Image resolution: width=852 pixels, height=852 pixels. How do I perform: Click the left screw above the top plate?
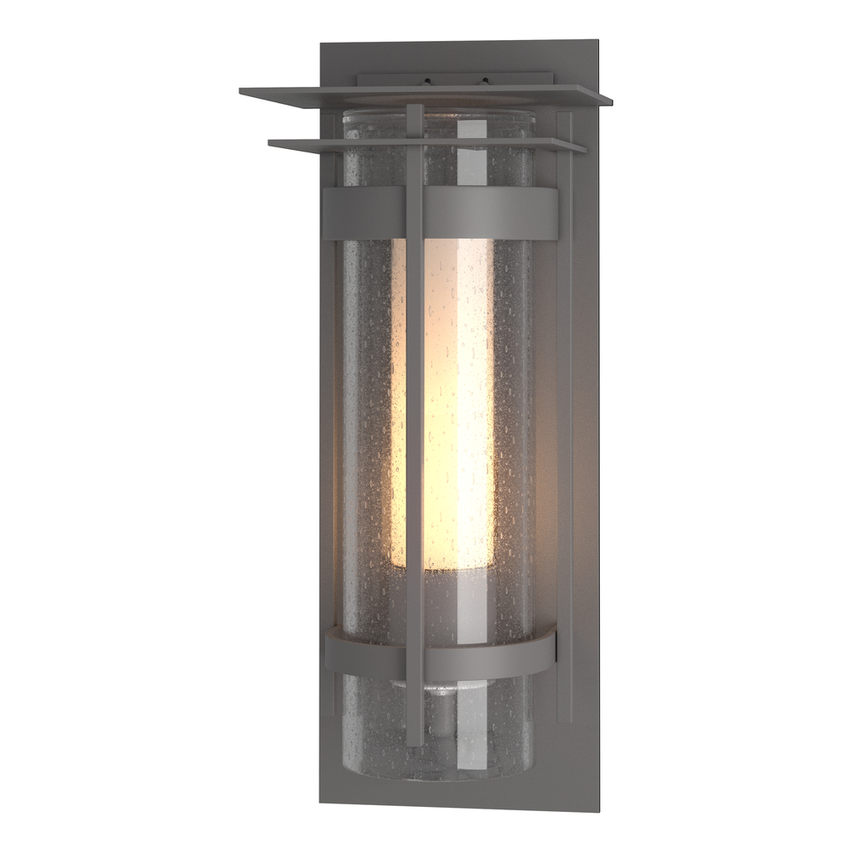click(x=427, y=82)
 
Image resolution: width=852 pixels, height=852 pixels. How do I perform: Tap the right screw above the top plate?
click(x=484, y=82)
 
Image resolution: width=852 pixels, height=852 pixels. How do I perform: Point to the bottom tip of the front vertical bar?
click(x=415, y=742)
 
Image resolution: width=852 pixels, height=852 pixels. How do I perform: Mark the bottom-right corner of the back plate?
click(x=598, y=809)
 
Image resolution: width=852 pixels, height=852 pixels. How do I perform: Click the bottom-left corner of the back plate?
click(x=321, y=803)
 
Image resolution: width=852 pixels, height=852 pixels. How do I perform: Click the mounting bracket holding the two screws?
click(x=456, y=80)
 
